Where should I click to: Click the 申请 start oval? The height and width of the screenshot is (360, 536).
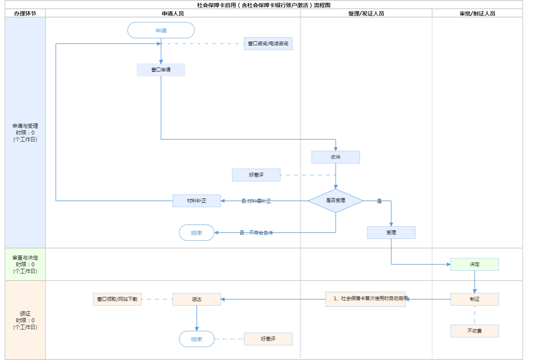(161, 31)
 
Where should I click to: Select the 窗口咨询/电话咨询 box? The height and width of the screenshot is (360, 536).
(268, 44)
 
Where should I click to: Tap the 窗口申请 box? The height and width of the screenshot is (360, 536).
(161, 70)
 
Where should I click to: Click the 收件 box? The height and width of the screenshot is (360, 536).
(335, 157)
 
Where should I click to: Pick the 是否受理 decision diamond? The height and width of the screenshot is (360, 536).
(335, 200)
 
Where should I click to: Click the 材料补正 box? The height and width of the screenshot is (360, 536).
(197, 201)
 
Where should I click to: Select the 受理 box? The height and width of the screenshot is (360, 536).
(391, 233)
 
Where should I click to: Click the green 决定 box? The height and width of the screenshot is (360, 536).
(474, 264)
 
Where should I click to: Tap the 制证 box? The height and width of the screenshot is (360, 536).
(474, 299)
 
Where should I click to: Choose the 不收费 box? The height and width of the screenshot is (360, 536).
(474, 331)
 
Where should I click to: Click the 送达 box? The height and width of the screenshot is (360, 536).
(197, 299)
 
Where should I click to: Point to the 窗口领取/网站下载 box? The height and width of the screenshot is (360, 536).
(117, 299)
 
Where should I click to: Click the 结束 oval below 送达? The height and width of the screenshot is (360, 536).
(197, 339)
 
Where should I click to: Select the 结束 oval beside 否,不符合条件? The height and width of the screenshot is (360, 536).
(197, 233)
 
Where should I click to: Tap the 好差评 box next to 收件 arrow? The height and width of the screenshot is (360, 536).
(256, 175)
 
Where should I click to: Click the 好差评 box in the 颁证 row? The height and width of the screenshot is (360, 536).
(268, 339)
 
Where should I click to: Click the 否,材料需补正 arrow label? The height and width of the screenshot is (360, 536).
(256, 201)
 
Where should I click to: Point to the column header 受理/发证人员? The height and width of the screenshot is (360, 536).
(366, 13)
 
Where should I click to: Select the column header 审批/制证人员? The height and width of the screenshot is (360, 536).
(477, 13)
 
